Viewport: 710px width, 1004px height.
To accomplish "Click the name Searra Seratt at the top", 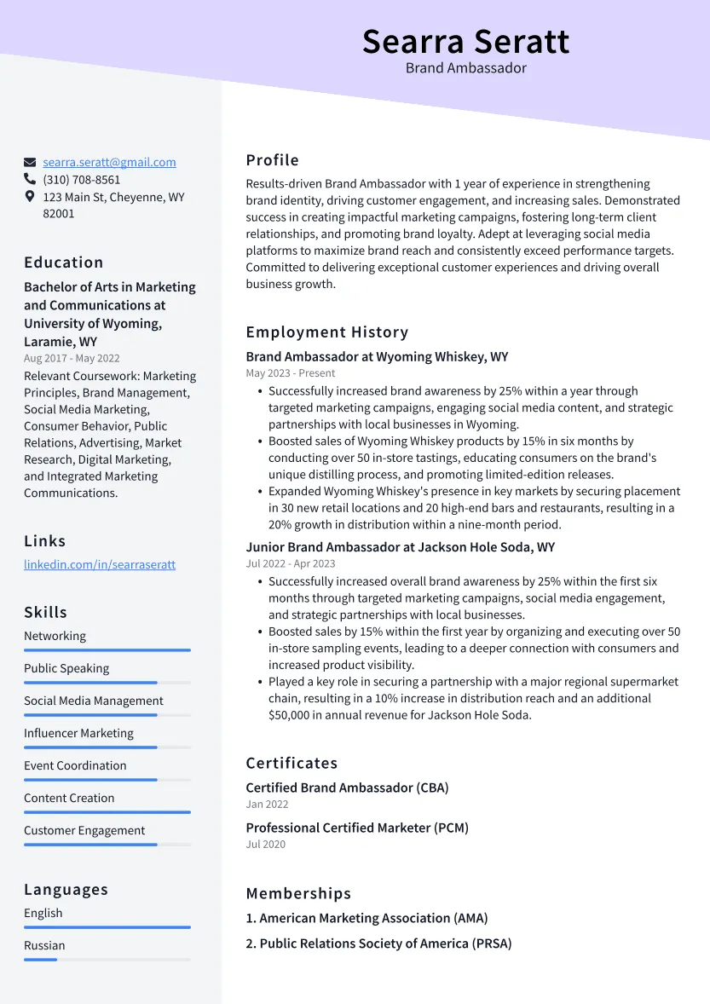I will click(465, 41).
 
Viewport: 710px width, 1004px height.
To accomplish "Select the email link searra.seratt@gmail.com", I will click(109, 162).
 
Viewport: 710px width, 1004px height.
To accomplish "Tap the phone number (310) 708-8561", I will click(82, 180).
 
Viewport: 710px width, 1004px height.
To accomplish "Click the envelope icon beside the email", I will click(30, 162).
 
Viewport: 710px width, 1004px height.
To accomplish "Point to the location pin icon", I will click(30, 197).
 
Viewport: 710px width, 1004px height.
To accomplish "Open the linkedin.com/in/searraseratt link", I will click(100, 564).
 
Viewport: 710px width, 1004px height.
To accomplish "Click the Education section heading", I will click(63, 263).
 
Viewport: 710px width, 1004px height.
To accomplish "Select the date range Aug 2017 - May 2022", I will click(72, 359).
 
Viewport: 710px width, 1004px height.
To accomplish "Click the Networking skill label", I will click(55, 636).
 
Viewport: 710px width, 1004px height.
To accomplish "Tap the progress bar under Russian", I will click(107, 960).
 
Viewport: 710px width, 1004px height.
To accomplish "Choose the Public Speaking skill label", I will click(66, 668).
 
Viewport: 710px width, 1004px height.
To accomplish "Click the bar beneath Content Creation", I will click(107, 812).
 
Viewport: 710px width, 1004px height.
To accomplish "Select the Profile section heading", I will click(272, 160).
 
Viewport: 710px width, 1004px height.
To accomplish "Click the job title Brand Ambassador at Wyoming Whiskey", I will click(377, 357).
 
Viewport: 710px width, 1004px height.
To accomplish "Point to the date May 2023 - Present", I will click(291, 373).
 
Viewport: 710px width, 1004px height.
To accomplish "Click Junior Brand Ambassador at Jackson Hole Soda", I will click(400, 547).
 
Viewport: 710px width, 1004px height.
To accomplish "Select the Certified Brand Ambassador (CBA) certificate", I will click(347, 788).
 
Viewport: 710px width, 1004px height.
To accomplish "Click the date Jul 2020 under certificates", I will click(266, 844).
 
